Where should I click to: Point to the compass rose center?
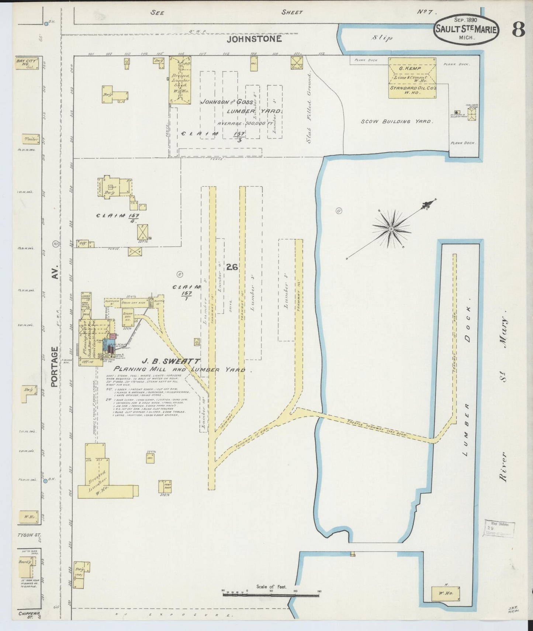coord(391,229)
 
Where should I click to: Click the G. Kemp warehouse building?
coord(412,78)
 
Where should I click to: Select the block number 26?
coord(232,267)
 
